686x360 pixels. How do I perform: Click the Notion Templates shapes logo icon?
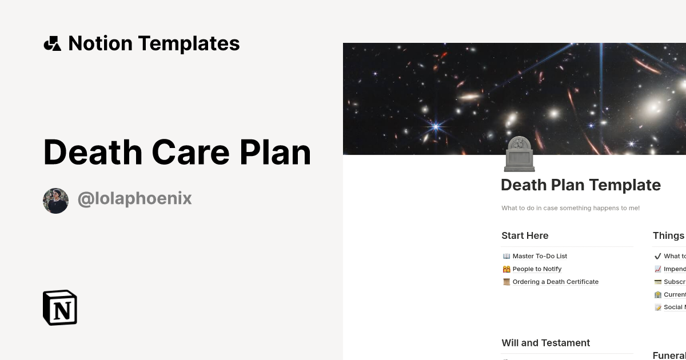(x=52, y=43)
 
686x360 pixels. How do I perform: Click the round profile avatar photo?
(x=55, y=201)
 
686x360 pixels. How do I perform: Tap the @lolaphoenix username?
(x=134, y=199)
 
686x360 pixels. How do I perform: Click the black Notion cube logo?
(x=60, y=307)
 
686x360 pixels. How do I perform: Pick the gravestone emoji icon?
(x=519, y=154)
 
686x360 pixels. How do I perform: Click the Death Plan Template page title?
(x=580, y=185)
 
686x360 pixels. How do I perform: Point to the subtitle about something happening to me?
(x=571, y=208)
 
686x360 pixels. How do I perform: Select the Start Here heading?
(x=525, y=235)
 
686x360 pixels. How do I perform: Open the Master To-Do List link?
(x=540, y=256)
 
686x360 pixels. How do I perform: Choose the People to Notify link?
(x=537, y=269)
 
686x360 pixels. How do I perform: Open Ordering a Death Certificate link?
(x=555, y=282)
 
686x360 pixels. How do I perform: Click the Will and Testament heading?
(x=545, y=343)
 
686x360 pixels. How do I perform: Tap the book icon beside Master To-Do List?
(x=506, y=256)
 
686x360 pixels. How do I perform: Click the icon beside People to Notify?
(x=506, y=269)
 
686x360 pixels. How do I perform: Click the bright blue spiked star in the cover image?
(x=436, y=126)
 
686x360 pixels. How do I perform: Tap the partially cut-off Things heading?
(x=668, y=235)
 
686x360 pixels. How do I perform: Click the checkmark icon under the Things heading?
(x=657, y=256)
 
